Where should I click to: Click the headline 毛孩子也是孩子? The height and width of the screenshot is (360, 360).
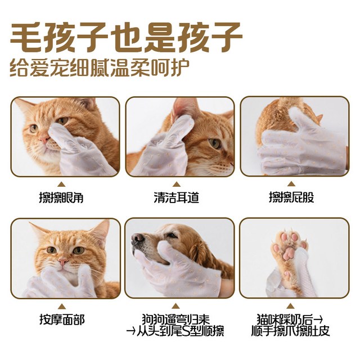coord(126,37)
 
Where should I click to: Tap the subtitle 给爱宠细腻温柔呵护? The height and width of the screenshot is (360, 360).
coord(100,67)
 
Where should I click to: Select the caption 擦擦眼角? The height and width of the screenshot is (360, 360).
coord(61,197)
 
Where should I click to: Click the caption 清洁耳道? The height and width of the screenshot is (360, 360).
coord(176,197)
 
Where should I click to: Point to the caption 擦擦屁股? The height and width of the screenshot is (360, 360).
coord(291,197)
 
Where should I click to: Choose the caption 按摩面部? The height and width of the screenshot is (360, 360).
coord(62,319)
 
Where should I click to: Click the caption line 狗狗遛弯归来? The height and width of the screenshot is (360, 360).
coord(176,319)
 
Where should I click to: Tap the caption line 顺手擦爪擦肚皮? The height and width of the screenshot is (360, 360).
coord(290,331)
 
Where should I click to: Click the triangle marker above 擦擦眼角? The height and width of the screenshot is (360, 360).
coord(61,184)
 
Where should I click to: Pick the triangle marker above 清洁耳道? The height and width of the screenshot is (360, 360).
coord(176,184)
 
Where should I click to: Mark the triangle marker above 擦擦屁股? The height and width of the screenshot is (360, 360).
coord(291,184)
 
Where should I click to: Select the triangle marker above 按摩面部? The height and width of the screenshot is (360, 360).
coord(61,306)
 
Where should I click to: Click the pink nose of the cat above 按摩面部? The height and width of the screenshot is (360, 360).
coord(62,262)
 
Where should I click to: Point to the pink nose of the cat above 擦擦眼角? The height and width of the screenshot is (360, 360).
coord(43,138)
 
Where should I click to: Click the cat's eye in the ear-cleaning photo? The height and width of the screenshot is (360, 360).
coord(214,143)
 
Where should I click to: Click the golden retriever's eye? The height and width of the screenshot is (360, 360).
coord(172,236)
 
